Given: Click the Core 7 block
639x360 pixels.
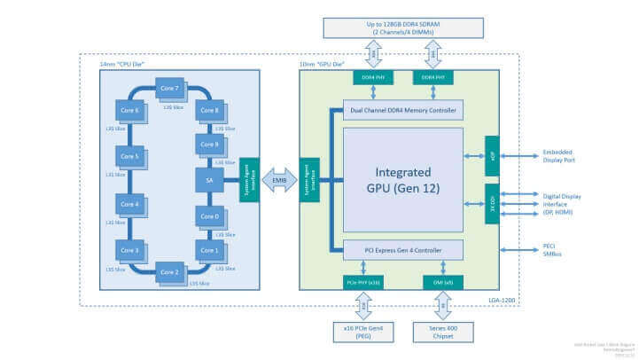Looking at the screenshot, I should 167,90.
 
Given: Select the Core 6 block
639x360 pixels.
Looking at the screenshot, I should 129,109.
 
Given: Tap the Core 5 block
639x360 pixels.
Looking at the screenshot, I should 129,157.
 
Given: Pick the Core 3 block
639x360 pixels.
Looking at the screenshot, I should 129,251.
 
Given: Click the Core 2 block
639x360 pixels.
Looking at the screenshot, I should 168,270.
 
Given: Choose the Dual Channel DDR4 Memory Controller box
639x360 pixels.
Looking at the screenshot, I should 403,111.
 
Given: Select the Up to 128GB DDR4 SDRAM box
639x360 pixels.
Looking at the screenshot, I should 403,27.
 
